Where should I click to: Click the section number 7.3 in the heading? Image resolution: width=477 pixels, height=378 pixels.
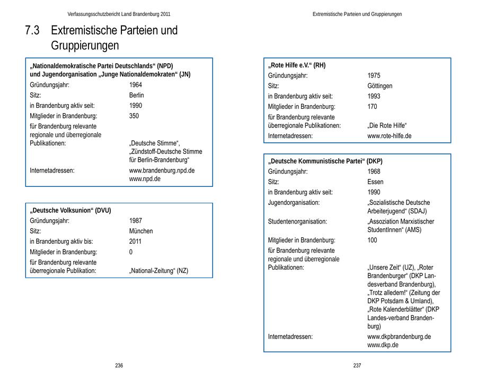click(x=32, y=31)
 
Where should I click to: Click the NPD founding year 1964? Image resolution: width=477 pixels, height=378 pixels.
click(x=136, y=85)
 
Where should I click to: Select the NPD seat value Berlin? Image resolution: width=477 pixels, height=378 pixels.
click(x=136, y=95)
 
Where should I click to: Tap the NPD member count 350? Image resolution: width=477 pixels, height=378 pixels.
click(x=134, y=116)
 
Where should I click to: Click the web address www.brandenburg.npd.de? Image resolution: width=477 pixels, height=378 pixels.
click(x=162, y=170)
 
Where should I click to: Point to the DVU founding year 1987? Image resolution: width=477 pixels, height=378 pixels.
click(x=136, y=221)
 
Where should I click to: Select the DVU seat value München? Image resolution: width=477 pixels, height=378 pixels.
click(x=141, y=231)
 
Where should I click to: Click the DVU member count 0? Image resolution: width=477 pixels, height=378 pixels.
click(x=131, y=252)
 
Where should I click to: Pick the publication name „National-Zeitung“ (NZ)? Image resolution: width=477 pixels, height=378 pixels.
click(x=158, y=271)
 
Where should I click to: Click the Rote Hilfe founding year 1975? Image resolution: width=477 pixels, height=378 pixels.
click(x=374, y=75)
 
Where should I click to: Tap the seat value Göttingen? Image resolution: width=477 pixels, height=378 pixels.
click(x=379, y=86)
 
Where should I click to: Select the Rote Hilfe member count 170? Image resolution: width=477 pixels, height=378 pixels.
click(x=372, y=107)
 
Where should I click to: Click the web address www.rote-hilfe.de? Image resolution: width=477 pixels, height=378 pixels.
click(x=389, y=136)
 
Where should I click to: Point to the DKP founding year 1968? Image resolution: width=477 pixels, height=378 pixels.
click(x=374, y=171)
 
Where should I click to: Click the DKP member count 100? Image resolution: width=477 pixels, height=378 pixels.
click(x=372, y=240)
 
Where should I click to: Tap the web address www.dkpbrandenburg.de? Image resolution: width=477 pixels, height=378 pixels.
click(x=399, y=337)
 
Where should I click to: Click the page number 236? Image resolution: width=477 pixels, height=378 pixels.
click(x=119, y=366)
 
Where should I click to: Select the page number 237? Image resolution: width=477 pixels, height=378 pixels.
click(x=357, y=366)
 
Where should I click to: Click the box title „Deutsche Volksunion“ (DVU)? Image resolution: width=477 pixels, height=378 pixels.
click(x=70, y=211)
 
